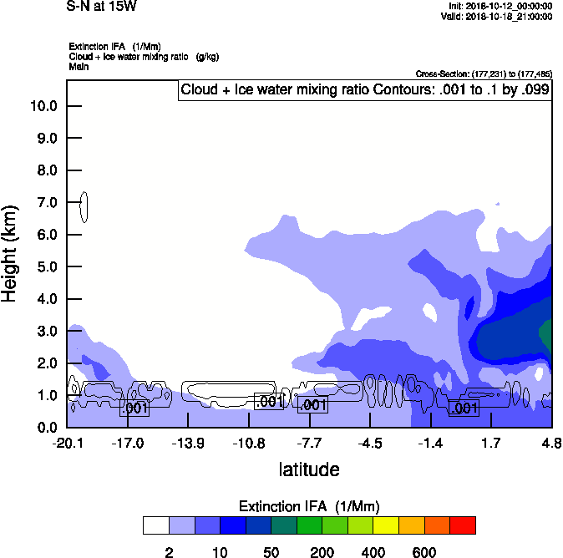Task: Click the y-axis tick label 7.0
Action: pyautogui.click(x=43, y=202)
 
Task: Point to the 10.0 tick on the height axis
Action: pyautogui.click(x=43, y=106)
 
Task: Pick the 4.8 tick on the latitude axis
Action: pyautogui.click(x=551, y=442)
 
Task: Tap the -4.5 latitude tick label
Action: pyautogui.click(x=370, y=442)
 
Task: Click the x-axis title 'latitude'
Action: pyautogui.click(x=309, y=469)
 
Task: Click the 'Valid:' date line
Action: pyautogui.click(x=496, y=16)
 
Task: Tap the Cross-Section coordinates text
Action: pyautogui.click(x=484, y=74)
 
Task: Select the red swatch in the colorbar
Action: pyautogui.click(x=463, y=525)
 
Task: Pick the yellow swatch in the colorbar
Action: pyautogui.click(x=386, y=525)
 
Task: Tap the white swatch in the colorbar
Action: pyautogui.click(x=155, y=525)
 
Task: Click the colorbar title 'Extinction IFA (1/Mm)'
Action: pyautogui.click(x=309, y=506)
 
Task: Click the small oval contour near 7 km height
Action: pyautogui.click(x=84, y=206)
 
